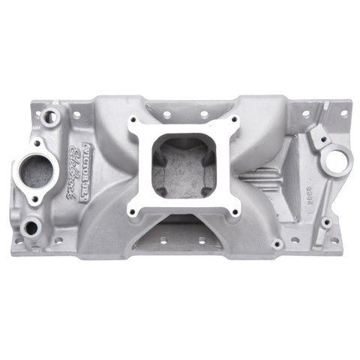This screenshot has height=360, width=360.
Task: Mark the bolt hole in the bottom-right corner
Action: (x=335, y=239)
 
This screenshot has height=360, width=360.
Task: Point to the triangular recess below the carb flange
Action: (x=181, y=232)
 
